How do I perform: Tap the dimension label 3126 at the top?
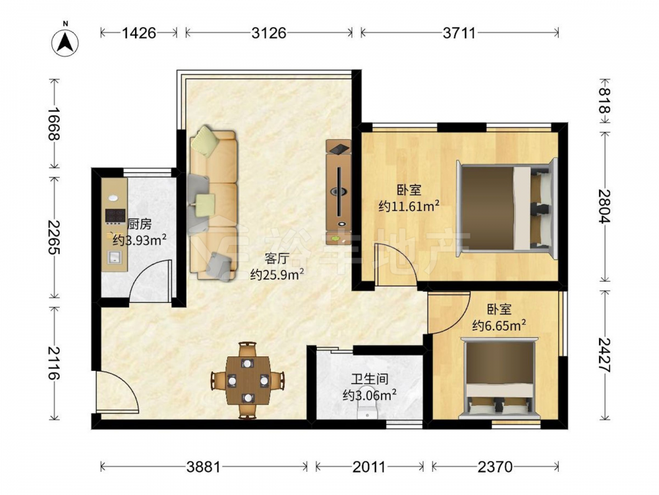[x=269, y=33]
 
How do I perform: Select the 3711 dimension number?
[x=459, y=33]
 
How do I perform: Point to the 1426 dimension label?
[x=139, y=33]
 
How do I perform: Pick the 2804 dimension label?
[x=605, y=206]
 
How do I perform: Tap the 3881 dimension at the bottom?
[x=204, y=467]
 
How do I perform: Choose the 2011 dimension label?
[x=369, y=467]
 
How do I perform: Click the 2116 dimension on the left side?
[x=54, y=362]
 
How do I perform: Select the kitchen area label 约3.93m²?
[x=140, y=240]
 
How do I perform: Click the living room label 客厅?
[x=277, y=258]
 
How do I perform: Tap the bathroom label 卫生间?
[x=370, y=379]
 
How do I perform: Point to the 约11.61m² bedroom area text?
[x=409, y=206]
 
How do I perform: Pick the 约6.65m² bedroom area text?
[x=500, y=325]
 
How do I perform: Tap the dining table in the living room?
[x=248, y=380]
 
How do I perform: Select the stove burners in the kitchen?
[x=115, y=216]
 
